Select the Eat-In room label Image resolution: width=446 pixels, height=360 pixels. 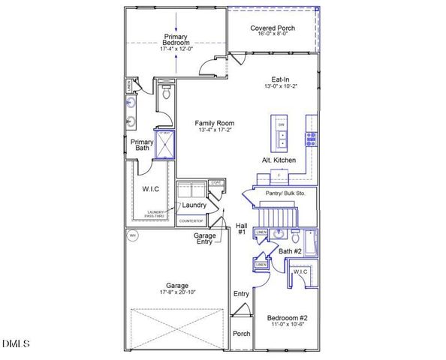(281, 79)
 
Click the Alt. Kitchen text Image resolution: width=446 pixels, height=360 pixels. (278, 160)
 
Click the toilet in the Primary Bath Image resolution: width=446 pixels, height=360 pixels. (167, 94)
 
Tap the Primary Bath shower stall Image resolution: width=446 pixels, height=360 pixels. (165, 143)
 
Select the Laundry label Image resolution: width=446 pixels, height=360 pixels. (194, 205)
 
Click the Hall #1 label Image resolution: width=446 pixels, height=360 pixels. (242, 228)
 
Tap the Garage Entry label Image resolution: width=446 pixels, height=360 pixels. (205, 238)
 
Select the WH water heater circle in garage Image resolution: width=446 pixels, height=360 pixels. (134, 235)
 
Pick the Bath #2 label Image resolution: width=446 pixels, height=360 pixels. (291, 251)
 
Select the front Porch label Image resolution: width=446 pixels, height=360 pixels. (241, 334)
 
